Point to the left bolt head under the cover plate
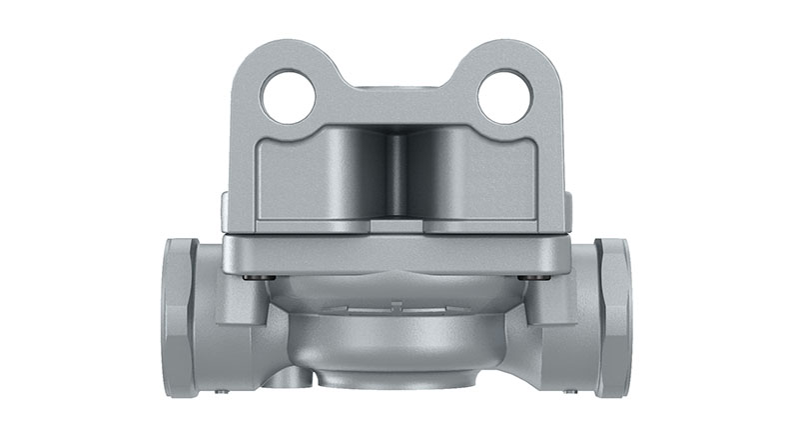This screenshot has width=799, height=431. (x=261, y=276)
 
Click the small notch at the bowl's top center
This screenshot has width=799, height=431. (x=398, y=304)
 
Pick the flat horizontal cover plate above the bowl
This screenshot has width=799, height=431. (x=398, y=250)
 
